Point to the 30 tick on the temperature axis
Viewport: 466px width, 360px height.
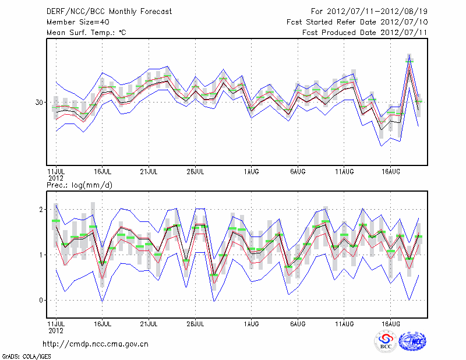pyautogui.click(x=40, y=103)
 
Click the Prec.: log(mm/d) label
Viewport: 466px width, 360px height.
pyautogui.click(x=79, y=185)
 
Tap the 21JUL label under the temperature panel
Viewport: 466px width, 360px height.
pyautogui.click(x=149, y=172)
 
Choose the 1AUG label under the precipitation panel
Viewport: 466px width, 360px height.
pyautogui.click(x=252, y=323)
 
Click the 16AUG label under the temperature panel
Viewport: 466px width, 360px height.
pyautogui.click(x=390, y=172)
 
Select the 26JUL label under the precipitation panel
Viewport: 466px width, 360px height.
pyautogui.click(x=196, y=323)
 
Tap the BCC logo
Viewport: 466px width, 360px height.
pyautogui.click(x=386, y=341)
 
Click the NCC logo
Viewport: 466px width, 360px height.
pyautogui.click(x=412, y=341)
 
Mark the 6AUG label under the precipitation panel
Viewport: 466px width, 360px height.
pyautogui.click(x=298, y=323)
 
